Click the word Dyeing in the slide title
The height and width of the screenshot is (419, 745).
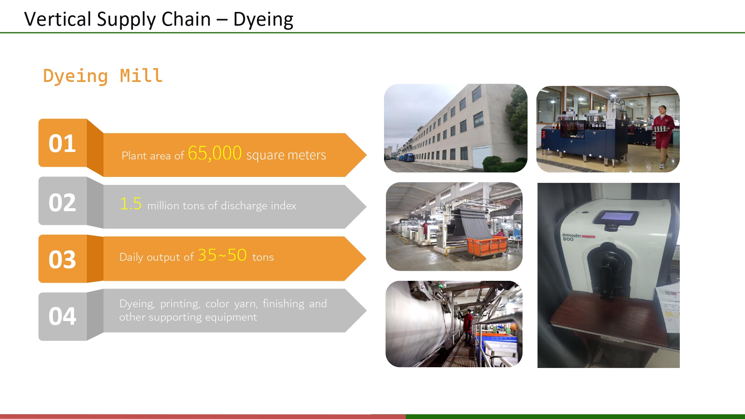[263, 19]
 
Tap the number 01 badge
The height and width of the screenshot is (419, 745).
[62, 143]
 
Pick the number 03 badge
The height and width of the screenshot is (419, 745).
[62, 259]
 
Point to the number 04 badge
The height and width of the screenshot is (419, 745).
[62, 316]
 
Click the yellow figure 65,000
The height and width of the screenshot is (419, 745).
[215, 153]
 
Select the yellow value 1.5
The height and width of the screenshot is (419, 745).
[130, 204]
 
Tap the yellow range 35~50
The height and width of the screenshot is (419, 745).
[222, 255]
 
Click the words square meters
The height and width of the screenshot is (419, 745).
[286, 155]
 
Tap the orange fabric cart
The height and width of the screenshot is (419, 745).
[488, 246]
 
